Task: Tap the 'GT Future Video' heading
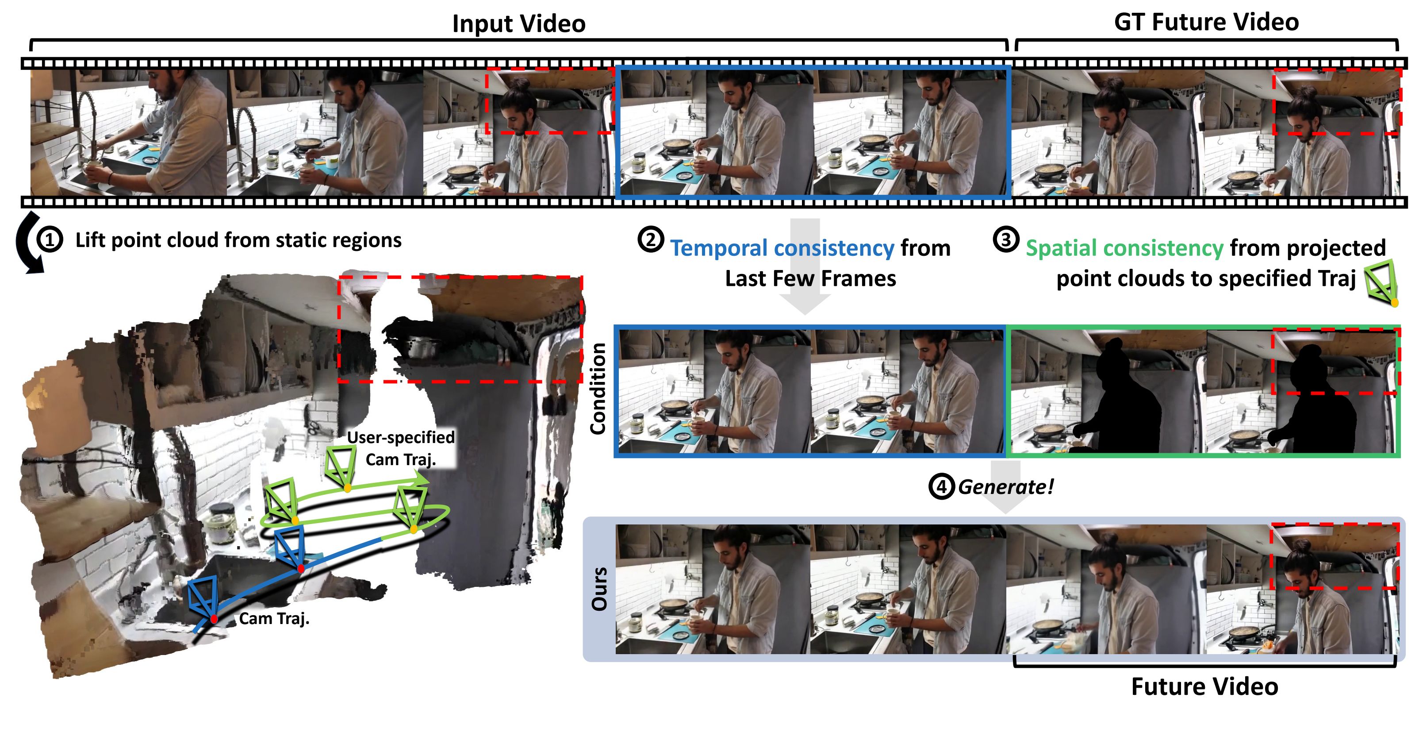(x=1206, y=22)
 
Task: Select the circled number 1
(x=50, y=240)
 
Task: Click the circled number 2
(x=650, y=240)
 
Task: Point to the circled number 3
(x=1006, y=240)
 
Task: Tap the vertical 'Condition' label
(x=598, y=389)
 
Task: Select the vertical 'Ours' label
(x=599, y=589)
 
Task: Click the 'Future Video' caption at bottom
(x=1205, y=686)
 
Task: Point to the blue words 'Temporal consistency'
(x=782, y=248)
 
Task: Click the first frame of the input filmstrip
(x=128, y=132)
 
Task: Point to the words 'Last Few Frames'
(x=810, y=279)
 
